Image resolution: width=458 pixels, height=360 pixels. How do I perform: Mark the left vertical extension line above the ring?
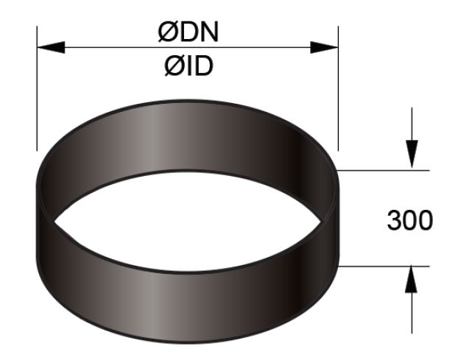[36, 88]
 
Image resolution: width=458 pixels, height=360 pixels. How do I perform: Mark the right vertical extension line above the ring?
[338, 88]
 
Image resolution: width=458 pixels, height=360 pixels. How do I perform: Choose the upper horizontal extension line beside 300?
[383, 171]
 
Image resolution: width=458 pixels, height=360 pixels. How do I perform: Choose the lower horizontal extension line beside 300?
[383, 266]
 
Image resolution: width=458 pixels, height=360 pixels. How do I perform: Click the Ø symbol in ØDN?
[166, 33]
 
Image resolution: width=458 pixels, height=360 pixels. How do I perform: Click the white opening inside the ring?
[188, 221]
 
